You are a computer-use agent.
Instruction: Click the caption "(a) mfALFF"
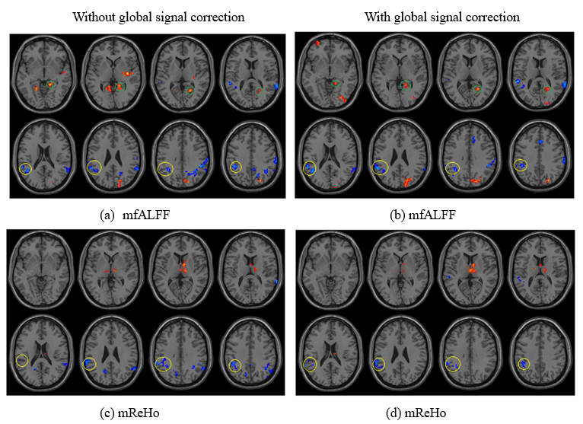pos(135,215)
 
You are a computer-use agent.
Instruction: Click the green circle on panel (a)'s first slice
pos(51,84)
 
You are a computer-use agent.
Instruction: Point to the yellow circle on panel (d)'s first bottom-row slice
pos(310,364)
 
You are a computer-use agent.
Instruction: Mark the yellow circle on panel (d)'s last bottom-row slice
pos(524,364)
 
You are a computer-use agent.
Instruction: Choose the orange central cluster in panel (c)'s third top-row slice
pos(183,267)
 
